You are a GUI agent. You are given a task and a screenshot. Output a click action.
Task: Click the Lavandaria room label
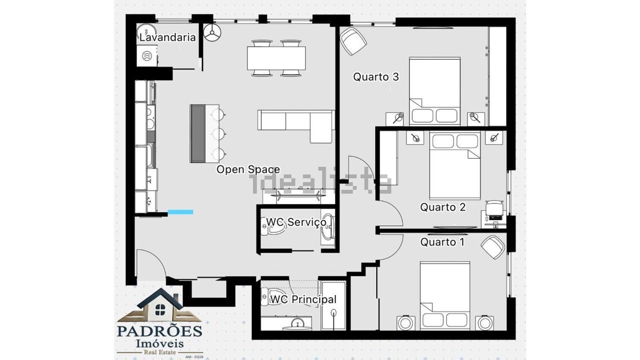tap(167, 37)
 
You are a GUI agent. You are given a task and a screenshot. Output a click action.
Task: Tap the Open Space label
tap(248, 169)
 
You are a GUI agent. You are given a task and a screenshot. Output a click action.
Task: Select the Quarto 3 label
tap(376, 77)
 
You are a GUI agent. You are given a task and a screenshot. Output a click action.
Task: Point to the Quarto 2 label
tap(443, 207)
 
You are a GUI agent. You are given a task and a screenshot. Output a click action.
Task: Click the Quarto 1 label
tap(442, 242)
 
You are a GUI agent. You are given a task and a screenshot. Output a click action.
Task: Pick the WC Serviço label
tap(296, 222)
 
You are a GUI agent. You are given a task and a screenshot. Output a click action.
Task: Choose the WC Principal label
tap(303, 299)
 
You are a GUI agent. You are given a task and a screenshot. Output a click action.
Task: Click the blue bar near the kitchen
tap(180, 212)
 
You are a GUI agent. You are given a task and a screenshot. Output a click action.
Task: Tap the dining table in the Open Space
tap(276, 58)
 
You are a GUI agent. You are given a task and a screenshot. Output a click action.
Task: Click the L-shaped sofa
tap(296, 126)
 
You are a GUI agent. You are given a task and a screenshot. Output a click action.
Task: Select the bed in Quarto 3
tap(435, 91)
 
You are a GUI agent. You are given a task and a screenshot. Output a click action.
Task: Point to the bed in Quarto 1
tap(445, 296)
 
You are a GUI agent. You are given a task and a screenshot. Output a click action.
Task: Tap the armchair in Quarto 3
tap(353, 41)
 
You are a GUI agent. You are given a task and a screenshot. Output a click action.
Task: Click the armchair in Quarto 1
tap(492, 247)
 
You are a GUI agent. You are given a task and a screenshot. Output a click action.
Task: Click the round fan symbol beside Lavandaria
tap(212, 32)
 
